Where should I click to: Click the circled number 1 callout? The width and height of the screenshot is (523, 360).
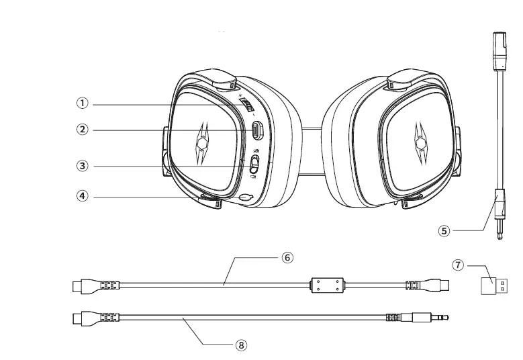coord(81,103)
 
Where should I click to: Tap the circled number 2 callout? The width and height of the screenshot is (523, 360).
coord(81,130)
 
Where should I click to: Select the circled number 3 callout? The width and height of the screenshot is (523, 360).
coord(81,165)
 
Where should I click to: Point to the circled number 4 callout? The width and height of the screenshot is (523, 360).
coord(81,197)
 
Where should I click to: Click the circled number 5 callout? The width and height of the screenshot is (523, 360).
coord(444,230)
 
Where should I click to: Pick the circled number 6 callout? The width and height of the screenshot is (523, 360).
coord(287,258)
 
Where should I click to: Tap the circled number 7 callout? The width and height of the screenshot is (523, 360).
coord(459,265)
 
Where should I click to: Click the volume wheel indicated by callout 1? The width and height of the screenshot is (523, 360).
coord(248,105)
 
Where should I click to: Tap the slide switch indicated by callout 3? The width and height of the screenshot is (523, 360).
coord(254,163)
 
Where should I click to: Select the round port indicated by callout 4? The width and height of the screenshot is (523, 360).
coord(246,197)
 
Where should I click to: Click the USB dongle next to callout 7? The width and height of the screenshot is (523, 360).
coord(496,286)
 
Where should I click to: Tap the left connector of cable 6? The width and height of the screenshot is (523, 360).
coord(81,287)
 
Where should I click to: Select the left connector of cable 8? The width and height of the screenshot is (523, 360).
coord(81,316)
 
